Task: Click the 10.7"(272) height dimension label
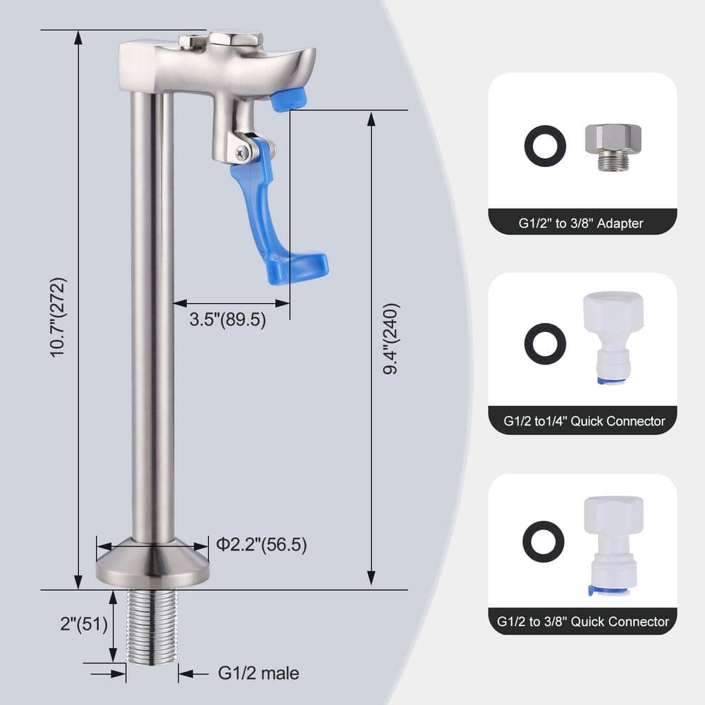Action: coord(59,317)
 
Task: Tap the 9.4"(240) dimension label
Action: coord(391,338)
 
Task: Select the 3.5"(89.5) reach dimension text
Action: coord(228,319)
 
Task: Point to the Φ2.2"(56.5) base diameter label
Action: coord(262,544)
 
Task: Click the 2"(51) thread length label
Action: coord(84,624)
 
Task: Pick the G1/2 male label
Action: coord(259,673)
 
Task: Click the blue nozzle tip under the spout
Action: coord(288,99)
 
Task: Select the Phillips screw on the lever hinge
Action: coord(242,153)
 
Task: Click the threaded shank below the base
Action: coord(152,627)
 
